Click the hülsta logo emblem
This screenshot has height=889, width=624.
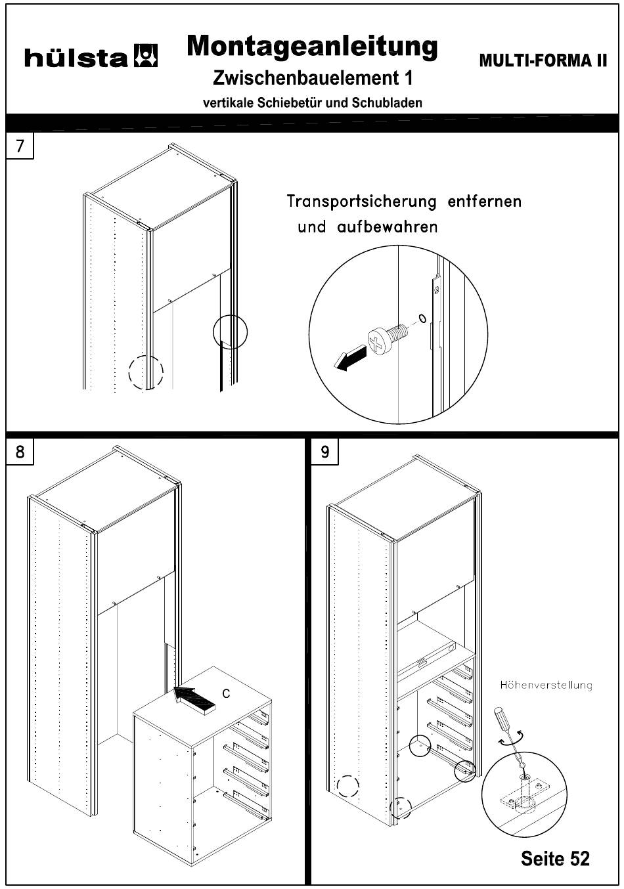pos(146,55)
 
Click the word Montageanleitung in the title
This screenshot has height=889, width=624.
pos(312,47)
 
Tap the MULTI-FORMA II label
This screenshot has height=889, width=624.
pos(543,60)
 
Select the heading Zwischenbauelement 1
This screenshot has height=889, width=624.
pos(313,77)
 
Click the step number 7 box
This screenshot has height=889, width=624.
pos(20,146)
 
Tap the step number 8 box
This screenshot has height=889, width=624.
pos(20,451)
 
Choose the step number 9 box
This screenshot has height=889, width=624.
pos(324,451)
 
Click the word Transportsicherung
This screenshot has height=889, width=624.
pos(361,201)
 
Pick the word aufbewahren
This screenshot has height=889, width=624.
pos(387,227)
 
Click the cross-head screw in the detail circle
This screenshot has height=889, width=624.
pos(388,337)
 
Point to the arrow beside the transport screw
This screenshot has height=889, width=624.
pos(351,357)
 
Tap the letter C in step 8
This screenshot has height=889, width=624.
pos(226,693)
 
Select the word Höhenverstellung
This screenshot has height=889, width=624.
pos(546,685)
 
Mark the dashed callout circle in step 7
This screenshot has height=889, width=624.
pos(146,373)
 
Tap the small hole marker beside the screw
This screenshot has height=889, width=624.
pos(422,318)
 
